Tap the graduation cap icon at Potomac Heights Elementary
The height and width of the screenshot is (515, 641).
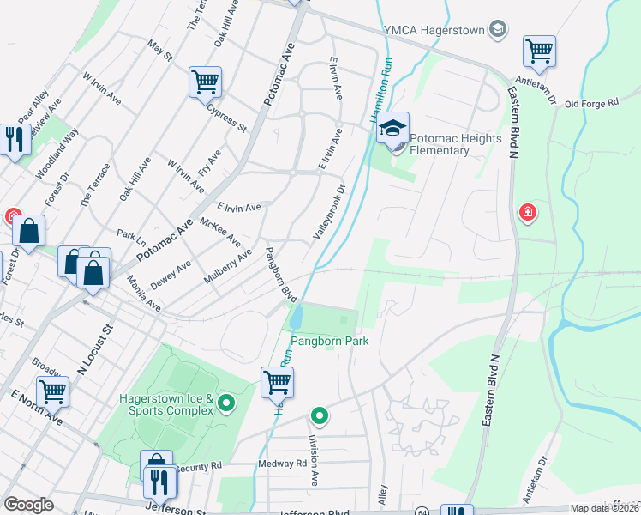(393, 129)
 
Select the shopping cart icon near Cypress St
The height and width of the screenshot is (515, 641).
(206, 82)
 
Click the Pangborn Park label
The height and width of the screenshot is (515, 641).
(329, 341)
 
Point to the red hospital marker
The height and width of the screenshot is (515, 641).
(527, 211)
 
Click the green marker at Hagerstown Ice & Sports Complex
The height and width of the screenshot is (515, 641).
(226, 402)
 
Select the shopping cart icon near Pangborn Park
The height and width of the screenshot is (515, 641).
(277, 382)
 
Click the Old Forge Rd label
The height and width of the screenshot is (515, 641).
(590, 103)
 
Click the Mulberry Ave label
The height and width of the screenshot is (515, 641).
(227, 267)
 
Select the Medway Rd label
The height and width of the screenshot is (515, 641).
(283, 463)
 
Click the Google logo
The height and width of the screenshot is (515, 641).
(28, 505)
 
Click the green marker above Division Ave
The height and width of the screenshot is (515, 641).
(320, 417)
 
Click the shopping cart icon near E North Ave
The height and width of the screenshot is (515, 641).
(53, 391)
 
